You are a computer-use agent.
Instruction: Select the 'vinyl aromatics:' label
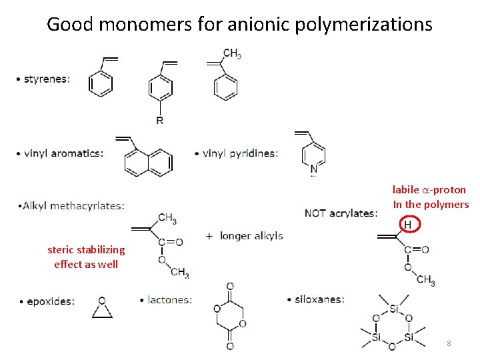(x=63, y=153)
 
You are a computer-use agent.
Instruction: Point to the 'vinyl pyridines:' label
(x=239, y=153)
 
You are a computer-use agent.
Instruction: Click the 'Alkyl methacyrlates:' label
(x=72, y=205)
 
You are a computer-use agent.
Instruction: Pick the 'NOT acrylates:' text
(x=341, y=213)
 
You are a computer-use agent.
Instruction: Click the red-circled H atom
(x=407, y=225)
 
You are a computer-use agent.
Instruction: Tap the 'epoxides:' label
(x=50, y=301)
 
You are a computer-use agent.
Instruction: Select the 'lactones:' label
(x=169, y=300)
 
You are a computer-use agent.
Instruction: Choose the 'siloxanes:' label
(x=319, y=299)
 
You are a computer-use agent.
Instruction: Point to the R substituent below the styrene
(x=160, y=121)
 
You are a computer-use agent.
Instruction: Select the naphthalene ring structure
(x=149, y=162)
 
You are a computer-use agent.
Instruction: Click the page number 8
(x=449, y=343)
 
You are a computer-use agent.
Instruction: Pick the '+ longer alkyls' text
(x=245, y=235)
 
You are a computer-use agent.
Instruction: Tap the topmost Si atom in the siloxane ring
(x=394, y=309)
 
